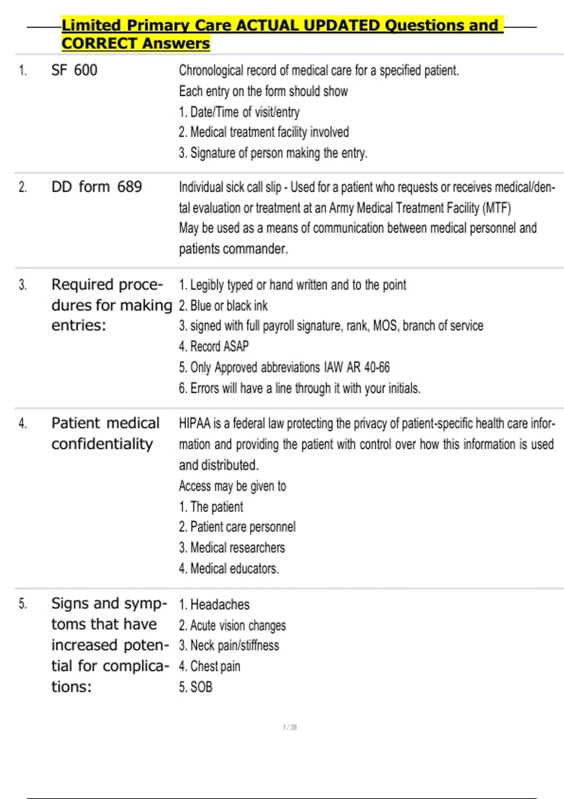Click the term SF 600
pos(74,70)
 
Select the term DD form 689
pos(96,187)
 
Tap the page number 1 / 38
pos(290,728)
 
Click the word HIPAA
pos(195,424)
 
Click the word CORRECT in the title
pos(99,44)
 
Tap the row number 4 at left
pos(23,424)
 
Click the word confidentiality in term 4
pos(102,444)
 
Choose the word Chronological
pos(211,70)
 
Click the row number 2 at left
pos(23,188)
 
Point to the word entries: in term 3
pos(78,325)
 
